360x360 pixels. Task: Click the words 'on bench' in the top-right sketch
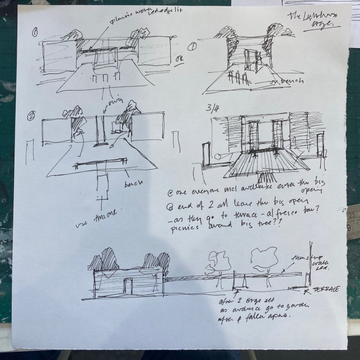(x=283, y=82)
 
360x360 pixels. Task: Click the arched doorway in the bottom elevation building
(x=129, y=286)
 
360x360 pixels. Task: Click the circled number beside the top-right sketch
(x=192, y=48)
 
